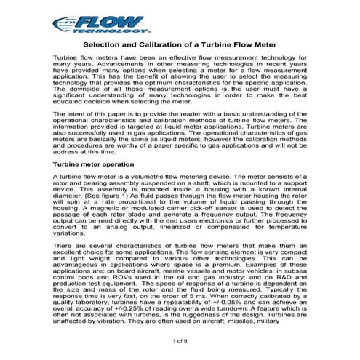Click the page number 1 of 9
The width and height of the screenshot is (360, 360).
[x=180, y=341]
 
